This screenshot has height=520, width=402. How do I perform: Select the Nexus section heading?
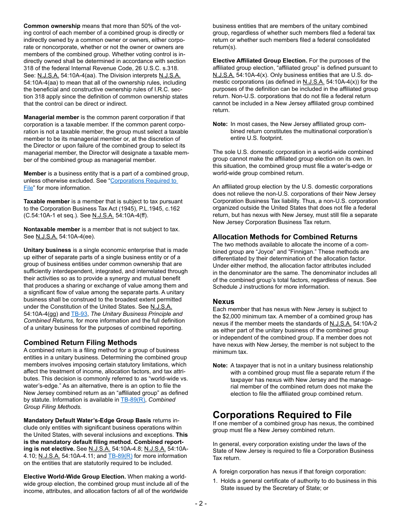point(223,301)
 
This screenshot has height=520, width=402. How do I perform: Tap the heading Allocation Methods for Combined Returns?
point(285,237)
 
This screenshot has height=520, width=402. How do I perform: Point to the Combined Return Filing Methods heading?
point(80,342)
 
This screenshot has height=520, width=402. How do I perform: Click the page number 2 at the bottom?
point(201,503)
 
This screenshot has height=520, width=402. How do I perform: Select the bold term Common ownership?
point(52,26)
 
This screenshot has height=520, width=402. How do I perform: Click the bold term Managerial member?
point(51,117)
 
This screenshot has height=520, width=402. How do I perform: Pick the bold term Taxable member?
point(47,201)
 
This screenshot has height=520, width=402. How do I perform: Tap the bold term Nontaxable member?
point(52,229)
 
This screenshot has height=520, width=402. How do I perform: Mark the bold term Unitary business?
point(47,250)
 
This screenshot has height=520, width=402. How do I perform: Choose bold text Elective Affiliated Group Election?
point(260,60)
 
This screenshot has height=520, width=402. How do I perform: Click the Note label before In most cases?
point(220,124)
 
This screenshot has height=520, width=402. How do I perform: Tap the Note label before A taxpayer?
point(220,365)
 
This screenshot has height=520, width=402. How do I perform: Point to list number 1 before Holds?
point(215,481)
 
